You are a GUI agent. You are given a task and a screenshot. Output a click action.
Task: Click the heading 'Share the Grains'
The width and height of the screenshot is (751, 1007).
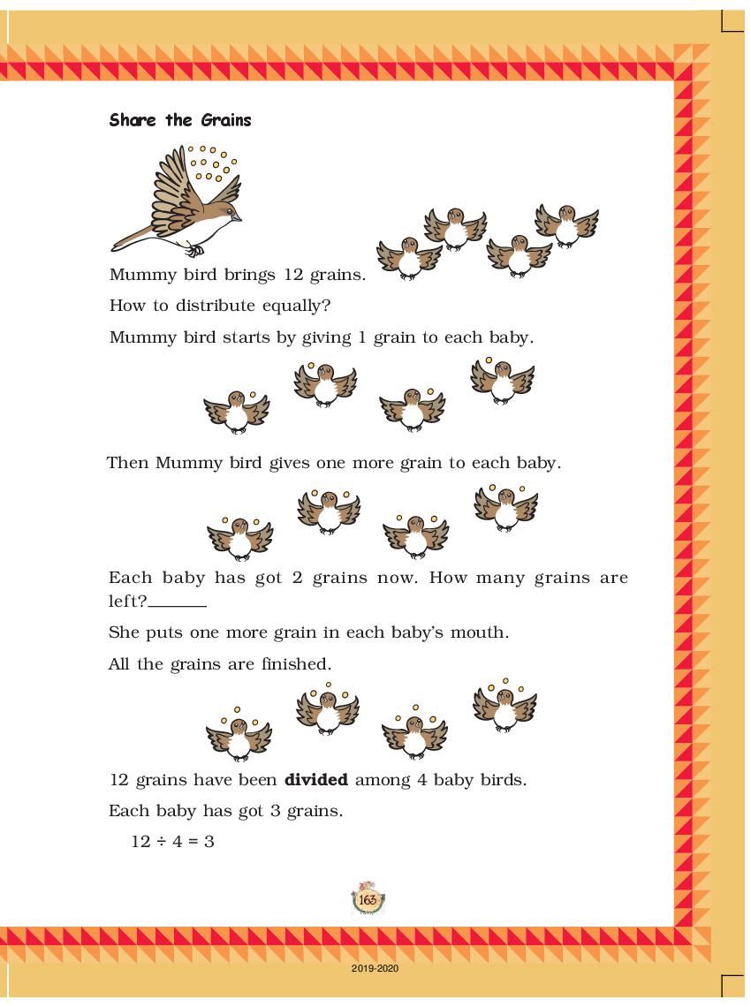pos(180,120)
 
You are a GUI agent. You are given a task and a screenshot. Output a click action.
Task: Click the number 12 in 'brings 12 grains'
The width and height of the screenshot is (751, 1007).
pos(294,275)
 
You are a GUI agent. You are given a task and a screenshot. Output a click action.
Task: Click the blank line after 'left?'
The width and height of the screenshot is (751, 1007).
pos(178,604)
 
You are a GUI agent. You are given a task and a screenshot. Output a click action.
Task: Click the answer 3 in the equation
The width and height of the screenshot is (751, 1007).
pos(209,841)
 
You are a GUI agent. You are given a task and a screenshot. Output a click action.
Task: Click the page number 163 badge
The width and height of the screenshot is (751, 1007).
pos(368,899)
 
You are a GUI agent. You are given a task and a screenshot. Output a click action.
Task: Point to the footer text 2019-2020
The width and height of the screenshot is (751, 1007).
pos(375,969)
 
